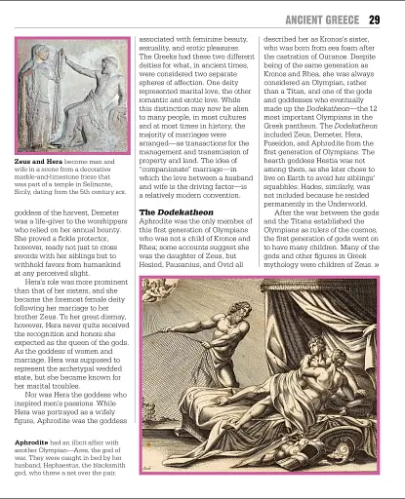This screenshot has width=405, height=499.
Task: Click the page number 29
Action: (376, 20)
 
